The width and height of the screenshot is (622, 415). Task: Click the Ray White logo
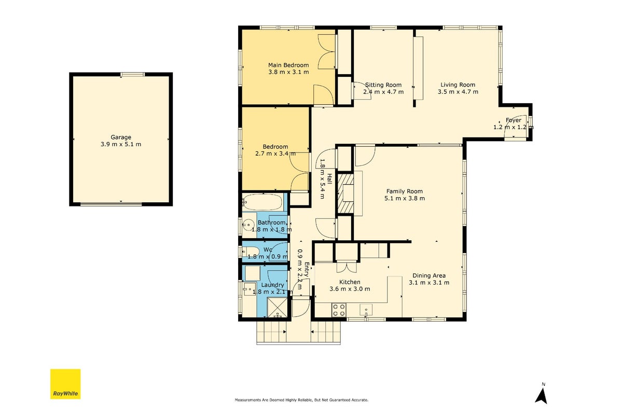click(65, 384)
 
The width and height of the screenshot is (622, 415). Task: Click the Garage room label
click(120, 137)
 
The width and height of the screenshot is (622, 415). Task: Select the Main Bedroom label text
click(288, 65)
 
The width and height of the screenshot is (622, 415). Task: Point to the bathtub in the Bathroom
click(262, 202)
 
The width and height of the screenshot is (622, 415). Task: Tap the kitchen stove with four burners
click(339, 310)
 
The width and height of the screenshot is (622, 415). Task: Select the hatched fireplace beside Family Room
click(344, 193)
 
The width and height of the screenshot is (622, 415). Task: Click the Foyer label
click(513, 120)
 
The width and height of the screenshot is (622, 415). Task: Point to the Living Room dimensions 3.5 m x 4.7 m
click(458, 92)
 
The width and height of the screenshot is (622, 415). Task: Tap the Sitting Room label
click(383, 85)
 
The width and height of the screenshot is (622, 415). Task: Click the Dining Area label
click(429, 275)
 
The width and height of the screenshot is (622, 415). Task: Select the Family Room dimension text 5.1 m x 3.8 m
click(404, 198)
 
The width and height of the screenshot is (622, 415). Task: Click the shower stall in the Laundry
click(277, 308)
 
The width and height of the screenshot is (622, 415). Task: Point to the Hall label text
click(329, 178)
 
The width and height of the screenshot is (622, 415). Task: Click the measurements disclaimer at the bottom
click(301, 400)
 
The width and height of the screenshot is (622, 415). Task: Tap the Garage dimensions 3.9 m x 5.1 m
click(120, 144)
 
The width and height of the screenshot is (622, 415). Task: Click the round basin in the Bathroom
click(249, 225)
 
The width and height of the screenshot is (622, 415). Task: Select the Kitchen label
click(350, 282)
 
